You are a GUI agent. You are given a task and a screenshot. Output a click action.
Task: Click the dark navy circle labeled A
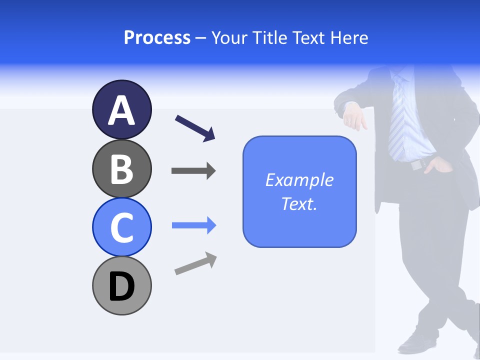[121, 109]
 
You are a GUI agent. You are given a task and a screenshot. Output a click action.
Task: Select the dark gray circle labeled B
[121, 168]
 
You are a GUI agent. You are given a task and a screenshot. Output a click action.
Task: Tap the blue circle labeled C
[121, 227]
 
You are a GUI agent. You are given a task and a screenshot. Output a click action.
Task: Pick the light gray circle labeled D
[121, 285]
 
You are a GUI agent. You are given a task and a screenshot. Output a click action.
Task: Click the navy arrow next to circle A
[195, 128]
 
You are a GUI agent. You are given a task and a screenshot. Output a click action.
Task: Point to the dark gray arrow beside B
[193, 170]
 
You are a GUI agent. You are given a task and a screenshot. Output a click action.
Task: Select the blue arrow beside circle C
[193, 225]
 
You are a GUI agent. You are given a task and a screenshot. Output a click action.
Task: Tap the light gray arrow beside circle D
[195, 263]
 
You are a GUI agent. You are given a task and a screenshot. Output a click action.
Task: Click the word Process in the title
[157, 37]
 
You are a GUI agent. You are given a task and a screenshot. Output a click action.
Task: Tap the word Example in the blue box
[299, 180]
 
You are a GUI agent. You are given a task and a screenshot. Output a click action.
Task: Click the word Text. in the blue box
[299, 203]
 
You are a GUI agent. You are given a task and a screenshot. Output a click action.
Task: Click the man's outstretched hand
[354, 117]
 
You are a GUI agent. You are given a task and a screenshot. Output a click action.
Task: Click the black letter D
[121, 286]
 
